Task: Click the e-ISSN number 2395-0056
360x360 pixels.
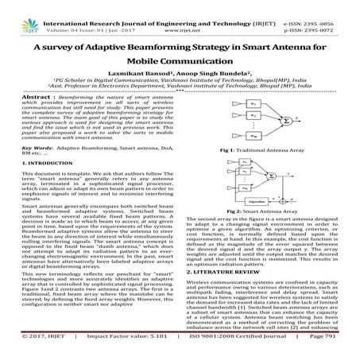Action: [333, 5]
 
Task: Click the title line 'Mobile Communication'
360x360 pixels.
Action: [180, 64]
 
